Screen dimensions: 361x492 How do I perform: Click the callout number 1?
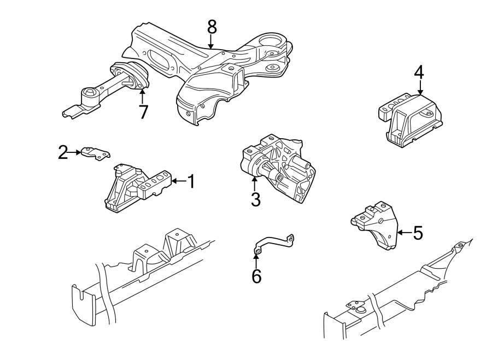[191, 181]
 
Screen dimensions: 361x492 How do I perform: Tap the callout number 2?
[63, 152]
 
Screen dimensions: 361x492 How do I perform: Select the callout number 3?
[255, 199]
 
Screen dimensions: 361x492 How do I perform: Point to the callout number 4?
[419, 72]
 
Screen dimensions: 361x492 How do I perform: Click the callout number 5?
[417, 233]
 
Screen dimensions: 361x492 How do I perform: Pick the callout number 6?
[256, 276]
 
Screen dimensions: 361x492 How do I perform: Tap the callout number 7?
[143, 113]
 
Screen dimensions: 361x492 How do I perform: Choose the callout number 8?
[212, 26]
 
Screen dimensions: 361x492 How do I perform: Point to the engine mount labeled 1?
[137, 188]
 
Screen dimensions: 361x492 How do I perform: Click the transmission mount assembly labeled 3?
[279, 167]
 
